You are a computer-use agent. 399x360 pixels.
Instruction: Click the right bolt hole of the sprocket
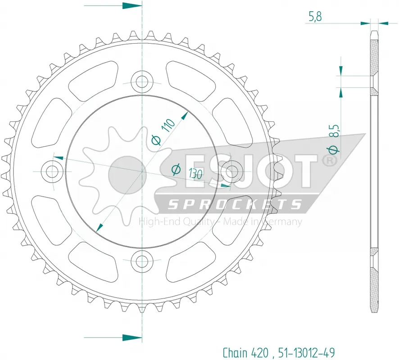(231, 171)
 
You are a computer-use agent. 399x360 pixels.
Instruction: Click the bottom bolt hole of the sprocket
(142, 260)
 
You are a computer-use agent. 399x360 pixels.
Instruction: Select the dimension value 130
(195, 175)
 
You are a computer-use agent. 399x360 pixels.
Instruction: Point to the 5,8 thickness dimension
(315, 17)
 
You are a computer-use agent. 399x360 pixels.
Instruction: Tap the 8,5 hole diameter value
(334, 133)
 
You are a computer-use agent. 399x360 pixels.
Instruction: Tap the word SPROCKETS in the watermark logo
(234, 205)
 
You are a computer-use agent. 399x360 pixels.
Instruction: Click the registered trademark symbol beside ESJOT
(329, 160)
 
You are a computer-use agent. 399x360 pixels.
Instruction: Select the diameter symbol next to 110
(155, 140)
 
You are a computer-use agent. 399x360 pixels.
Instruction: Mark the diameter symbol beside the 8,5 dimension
(334, 149)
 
